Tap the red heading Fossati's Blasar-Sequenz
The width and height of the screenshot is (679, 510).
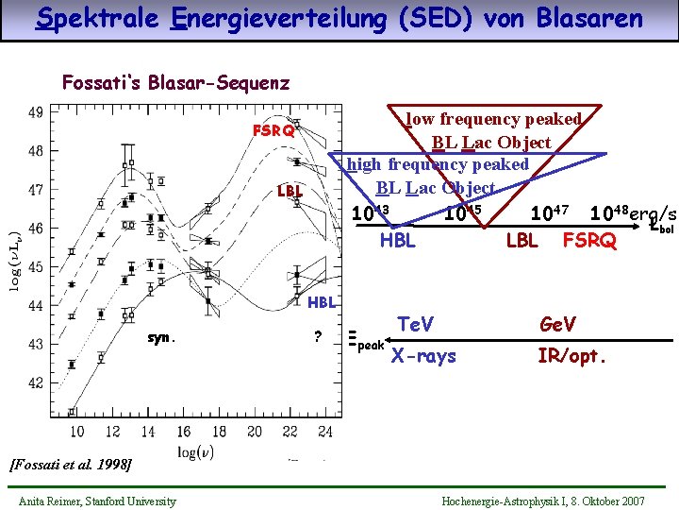tap(175, 82)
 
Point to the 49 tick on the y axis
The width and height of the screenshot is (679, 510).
tap(35, 112)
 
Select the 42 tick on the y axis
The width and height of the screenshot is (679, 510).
tap(35, 383)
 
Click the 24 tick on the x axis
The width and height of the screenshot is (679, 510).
tap(324, 432)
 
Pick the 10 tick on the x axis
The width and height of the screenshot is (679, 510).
tap(77, 432)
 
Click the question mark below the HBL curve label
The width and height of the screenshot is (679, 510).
tap(318, 337)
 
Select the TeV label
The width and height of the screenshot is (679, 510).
tap(415, 325)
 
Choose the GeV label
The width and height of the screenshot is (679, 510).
tap(557, 325)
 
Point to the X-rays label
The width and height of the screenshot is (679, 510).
tap(423, 356)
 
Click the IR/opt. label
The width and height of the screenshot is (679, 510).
tap(571, 356)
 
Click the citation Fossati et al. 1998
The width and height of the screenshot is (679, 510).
tap(70, 464)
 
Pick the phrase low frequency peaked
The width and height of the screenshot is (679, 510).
tap(493, 119)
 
